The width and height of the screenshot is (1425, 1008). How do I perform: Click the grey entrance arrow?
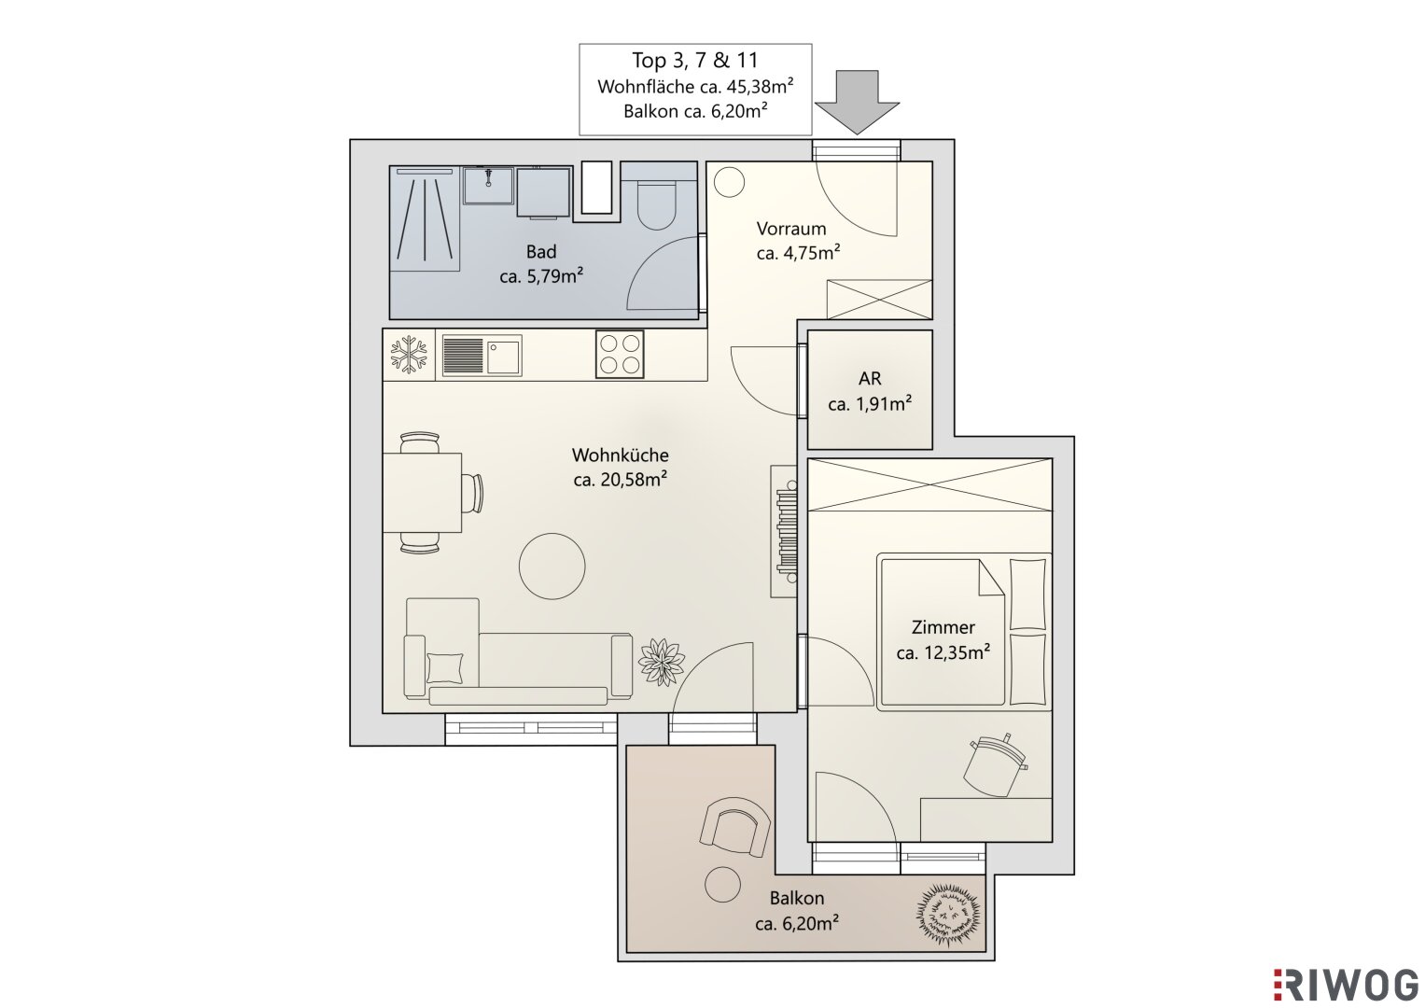[x=857, y=102]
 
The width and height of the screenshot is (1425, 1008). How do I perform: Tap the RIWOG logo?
[x=1348, y=985]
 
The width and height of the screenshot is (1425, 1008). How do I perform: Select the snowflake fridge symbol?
[x=409, y=355]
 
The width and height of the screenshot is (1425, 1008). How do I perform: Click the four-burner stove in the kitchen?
[x=620, y=354]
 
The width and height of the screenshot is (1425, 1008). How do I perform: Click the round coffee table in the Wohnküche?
[x=552, y=566]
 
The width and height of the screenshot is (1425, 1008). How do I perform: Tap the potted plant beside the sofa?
[x=662, y=662]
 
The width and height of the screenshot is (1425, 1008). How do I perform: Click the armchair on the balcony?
[x=734, y=826]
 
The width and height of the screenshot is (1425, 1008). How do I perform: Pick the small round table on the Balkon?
[x=722, y=885]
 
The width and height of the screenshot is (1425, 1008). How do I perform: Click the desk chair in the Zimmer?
[x=995, y=765]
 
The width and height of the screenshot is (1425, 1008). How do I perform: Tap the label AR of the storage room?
[x=870, y=379]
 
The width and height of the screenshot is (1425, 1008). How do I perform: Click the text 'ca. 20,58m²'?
[x=621, y=479]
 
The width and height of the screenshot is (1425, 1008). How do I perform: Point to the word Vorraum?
[x=791, y=229]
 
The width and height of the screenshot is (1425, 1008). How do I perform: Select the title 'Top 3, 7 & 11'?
[x=695, y=61]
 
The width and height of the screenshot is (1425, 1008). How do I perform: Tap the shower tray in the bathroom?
[x=425, y=218]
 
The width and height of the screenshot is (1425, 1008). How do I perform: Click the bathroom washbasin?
[x=488, y=185]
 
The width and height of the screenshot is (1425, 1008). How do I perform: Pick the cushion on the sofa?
[x=445, y=668]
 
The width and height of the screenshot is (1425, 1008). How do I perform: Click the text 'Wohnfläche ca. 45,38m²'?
[x=695, y=86]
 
